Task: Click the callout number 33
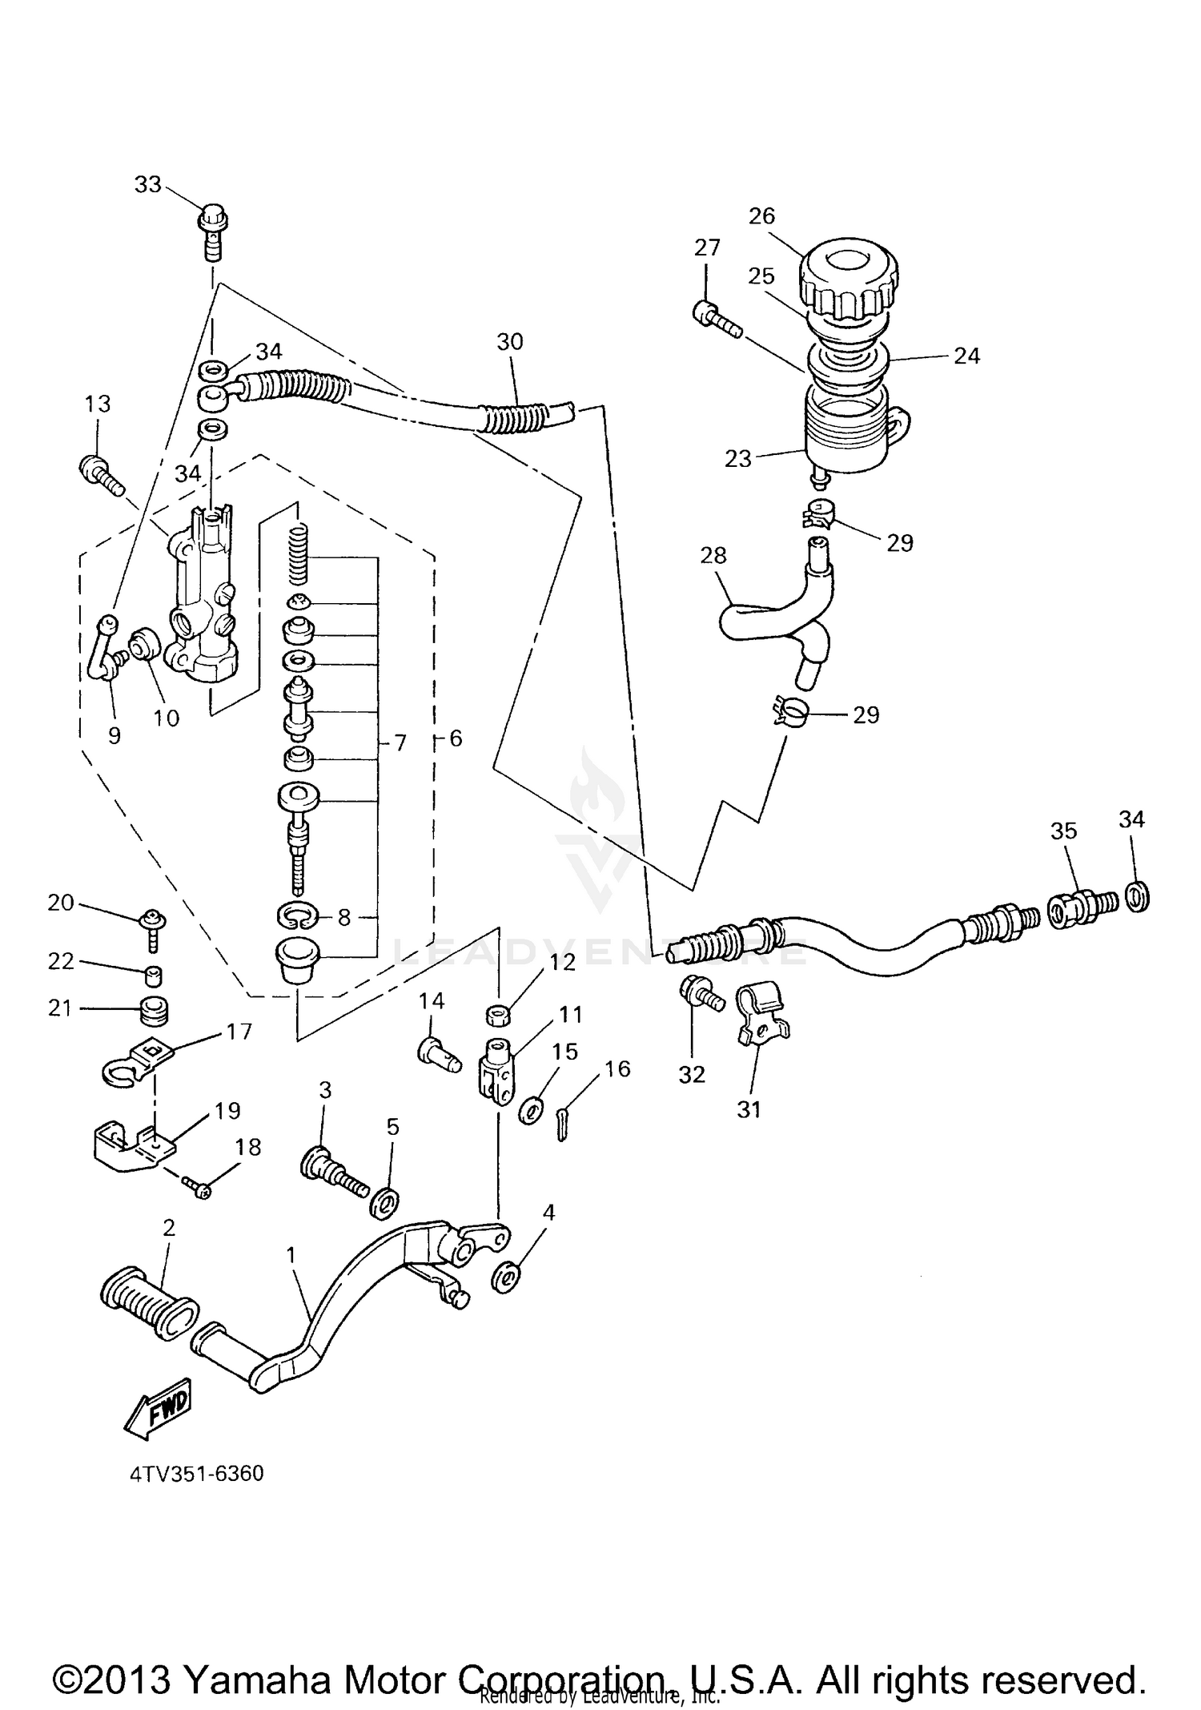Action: click(147, 185)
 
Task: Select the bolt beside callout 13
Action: click(101, 473)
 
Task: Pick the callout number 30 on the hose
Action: click(510, 342)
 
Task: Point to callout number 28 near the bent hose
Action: click(713, 555)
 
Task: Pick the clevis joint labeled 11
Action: click(496, 1068)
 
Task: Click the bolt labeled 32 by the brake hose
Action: click(696, 995)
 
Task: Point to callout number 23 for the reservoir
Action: click(737, 459)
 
